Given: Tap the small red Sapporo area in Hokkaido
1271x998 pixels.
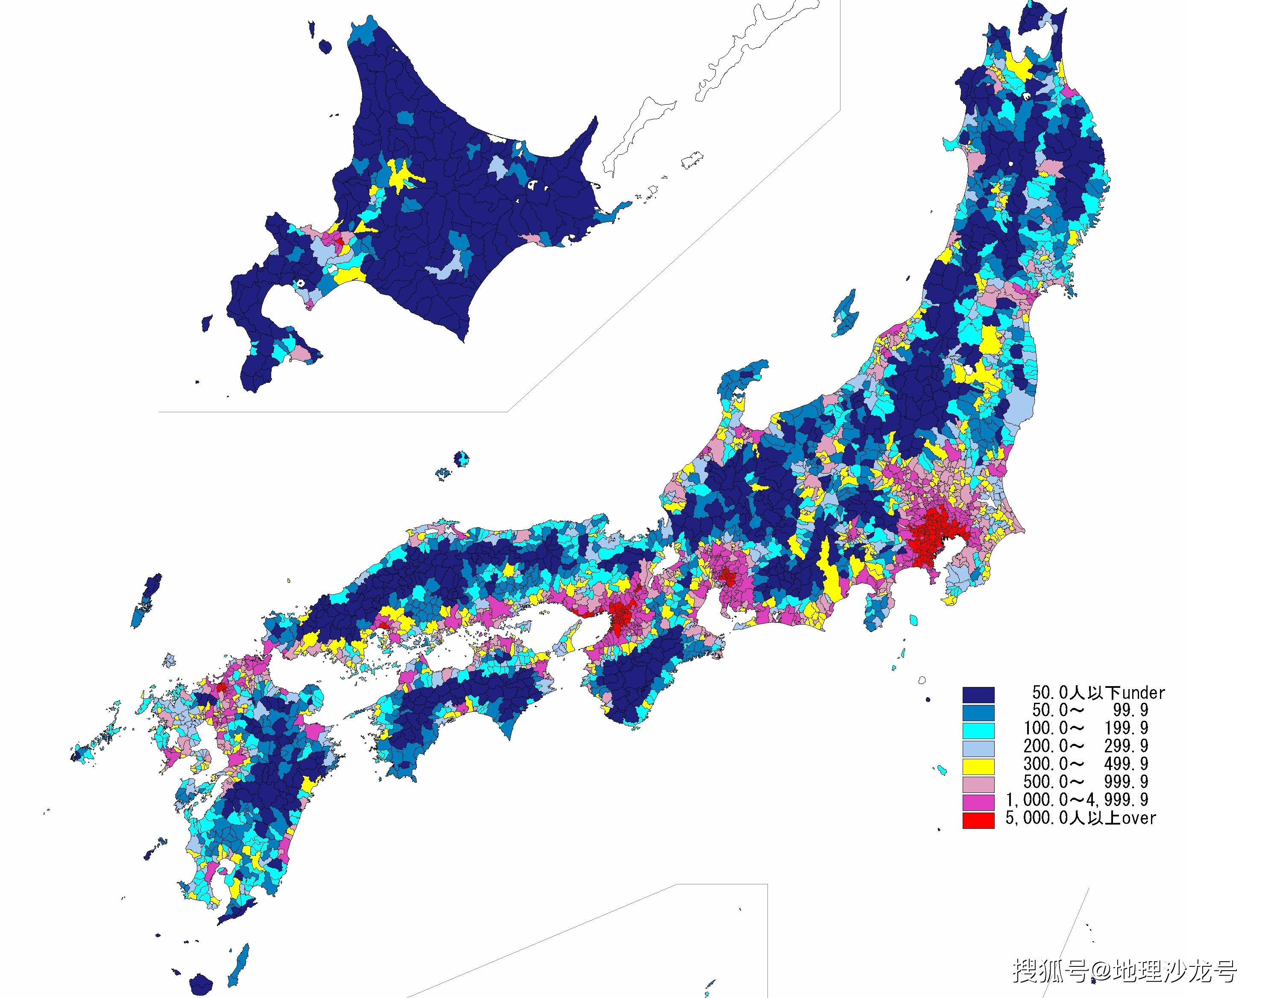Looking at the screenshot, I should [x=340, y=240].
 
